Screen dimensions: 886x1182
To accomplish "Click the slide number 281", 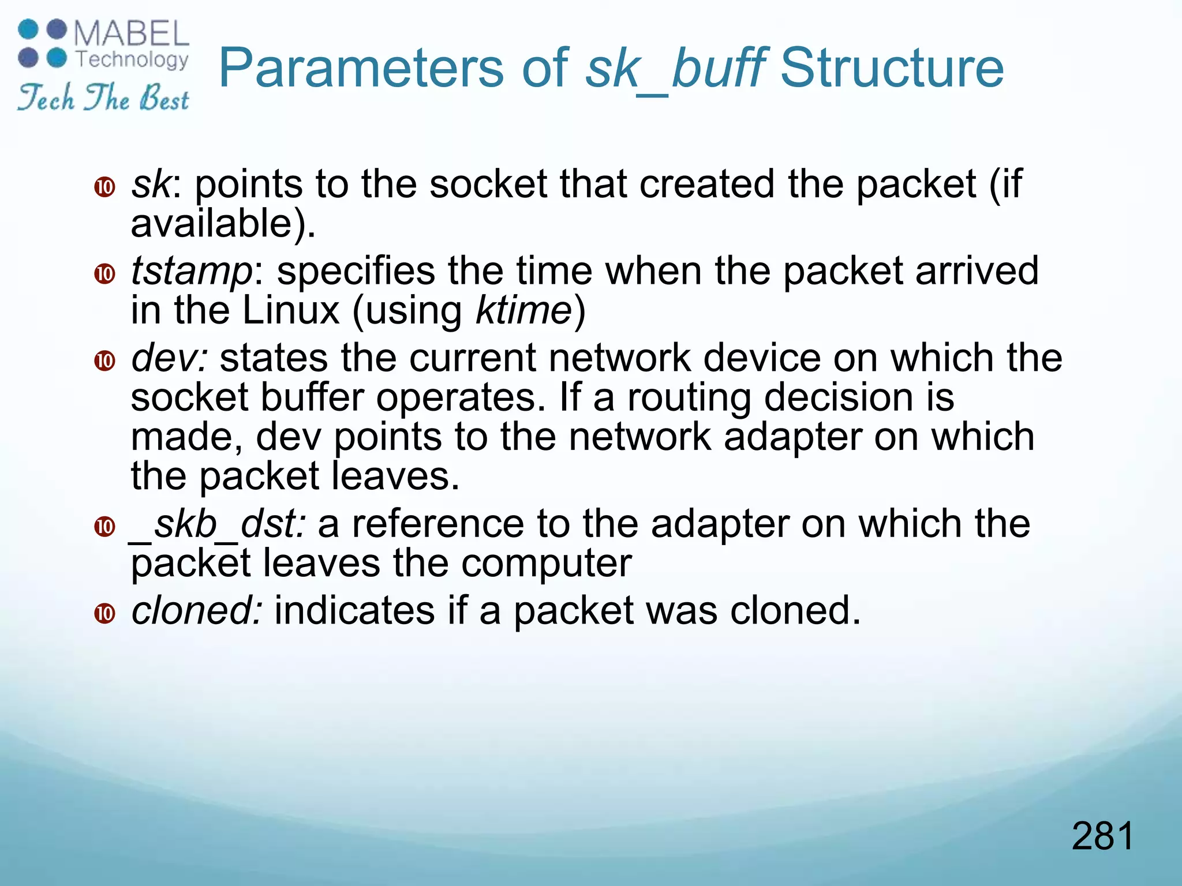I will click(1103, 836).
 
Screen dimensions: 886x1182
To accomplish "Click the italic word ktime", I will click(523, 310).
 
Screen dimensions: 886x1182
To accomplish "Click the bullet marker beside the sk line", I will click(105, 187).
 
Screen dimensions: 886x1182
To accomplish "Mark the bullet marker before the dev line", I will click(105, 361).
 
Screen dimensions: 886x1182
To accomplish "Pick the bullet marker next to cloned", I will click(105, 613).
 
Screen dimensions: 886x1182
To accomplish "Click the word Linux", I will click(291, 310).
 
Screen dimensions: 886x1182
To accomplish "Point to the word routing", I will click(689, 398).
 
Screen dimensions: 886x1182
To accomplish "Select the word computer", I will click(547, 563).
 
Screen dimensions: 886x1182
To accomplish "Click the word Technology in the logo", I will click(132, 59).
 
